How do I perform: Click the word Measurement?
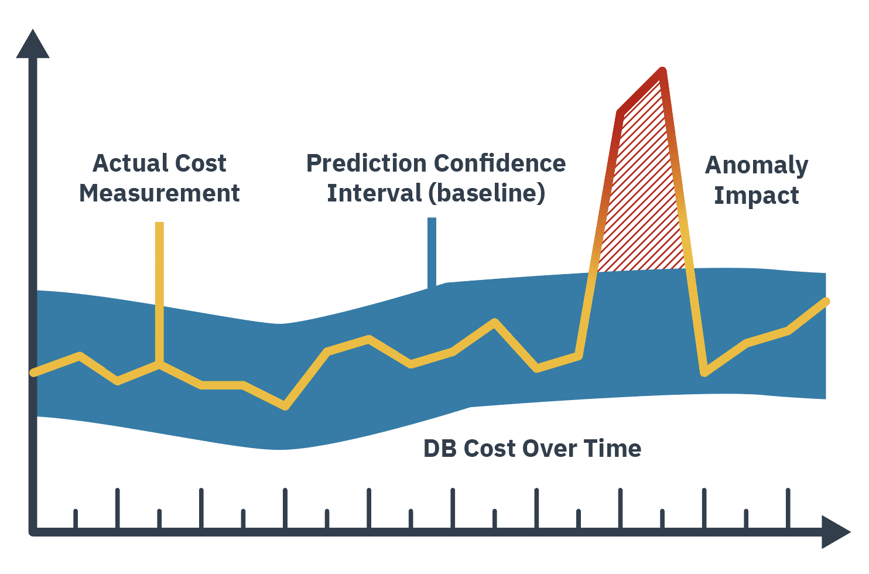click(x=159, y=193)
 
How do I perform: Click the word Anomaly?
click(x=756, y=166)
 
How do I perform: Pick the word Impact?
click(x=756, y=196)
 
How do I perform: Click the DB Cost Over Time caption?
click(x=532, y=449)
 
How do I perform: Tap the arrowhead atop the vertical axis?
click(x=33, y=45)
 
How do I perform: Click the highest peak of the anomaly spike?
click(x=662, y=72)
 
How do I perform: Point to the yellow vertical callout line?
click(x=159, y=281)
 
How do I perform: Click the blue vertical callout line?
click(x=432, y=252)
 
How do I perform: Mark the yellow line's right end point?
click(x=826, y=302)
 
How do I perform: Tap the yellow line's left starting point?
click(x=34, y=373)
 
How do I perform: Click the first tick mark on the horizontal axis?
click(x=76, y=518)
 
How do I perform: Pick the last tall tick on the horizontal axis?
click(x=788, y=508)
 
